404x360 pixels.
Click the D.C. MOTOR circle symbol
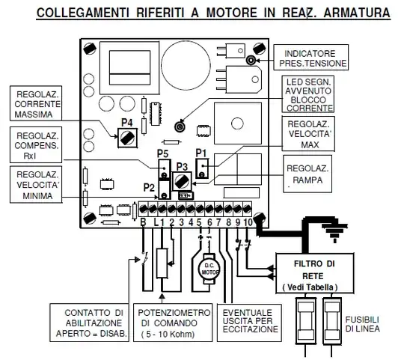209,269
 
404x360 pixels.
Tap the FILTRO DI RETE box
314,273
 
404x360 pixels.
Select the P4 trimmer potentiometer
127,138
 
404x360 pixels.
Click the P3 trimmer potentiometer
181,181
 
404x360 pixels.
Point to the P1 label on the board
201,153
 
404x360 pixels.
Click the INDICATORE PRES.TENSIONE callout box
311,57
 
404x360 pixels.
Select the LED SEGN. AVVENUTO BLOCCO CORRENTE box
308,94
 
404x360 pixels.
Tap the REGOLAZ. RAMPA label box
307,174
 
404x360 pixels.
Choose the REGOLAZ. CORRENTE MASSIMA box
36,103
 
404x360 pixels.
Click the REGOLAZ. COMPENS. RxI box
36,145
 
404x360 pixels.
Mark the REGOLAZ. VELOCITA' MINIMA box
36,185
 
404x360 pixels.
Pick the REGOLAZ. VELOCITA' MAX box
308,134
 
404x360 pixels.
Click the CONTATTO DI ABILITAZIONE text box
90,323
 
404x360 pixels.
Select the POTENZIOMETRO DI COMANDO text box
173,323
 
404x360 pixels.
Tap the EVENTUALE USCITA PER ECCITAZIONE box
249,323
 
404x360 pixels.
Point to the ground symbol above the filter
334,230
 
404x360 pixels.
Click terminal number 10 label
248,222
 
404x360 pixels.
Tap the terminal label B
143,222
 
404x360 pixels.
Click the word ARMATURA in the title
357,13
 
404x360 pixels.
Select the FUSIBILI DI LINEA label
362,324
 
